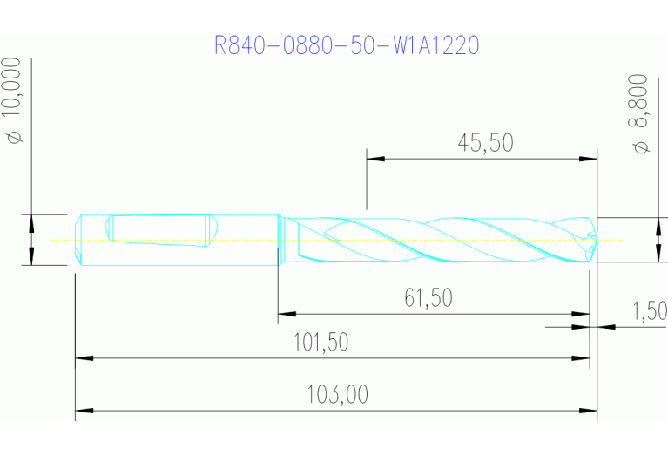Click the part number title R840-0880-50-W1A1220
[x=347, y=45]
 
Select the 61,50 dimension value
[x=428, y=298]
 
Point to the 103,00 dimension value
[x=337, y=395]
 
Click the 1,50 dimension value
[x=650, y=310]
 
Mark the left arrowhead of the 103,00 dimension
[x=83, y=409]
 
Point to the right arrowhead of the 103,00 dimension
[x=590, y=409]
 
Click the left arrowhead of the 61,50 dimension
[x=285, y=313]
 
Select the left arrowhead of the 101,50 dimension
[x=83, y=357]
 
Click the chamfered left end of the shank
[x=78, y=239]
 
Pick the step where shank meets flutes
[x=280, y=239]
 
